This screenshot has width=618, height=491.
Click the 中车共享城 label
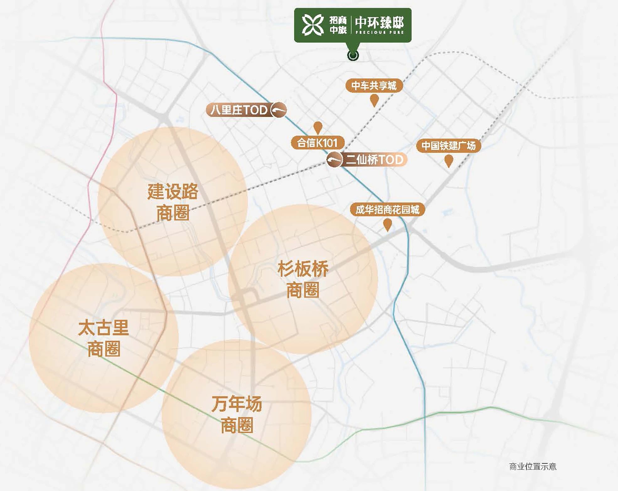pos(374,85)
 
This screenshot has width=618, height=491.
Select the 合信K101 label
pos(317,143)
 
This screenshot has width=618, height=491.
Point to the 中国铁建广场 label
pos(449,146)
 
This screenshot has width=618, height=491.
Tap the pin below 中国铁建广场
pos(449,161)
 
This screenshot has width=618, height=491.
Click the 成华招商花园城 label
pos(387,210)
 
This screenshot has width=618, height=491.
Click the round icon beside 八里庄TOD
pos(279,110)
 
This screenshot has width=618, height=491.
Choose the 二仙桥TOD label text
pos(374,160)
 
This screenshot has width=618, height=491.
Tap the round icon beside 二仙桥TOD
pos(334,160)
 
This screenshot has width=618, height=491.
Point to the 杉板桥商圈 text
pos(303,279)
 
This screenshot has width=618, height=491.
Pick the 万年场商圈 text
pos(237,414)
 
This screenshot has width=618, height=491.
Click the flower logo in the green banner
pos(313,25)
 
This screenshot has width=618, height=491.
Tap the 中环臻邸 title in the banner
pos(379,23)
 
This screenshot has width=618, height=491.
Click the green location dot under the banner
pos(353,56)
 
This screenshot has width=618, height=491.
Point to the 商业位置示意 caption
pos(533,467)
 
